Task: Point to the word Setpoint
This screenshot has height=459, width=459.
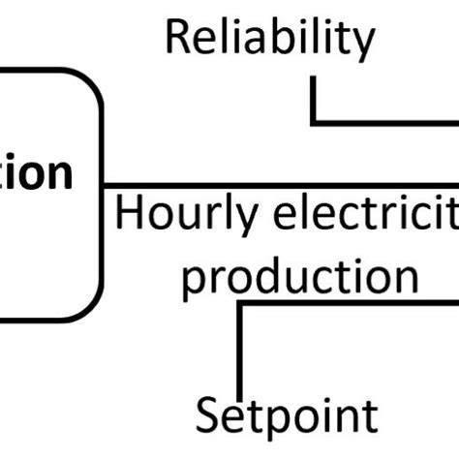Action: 288,416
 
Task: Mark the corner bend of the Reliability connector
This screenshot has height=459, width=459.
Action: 313,122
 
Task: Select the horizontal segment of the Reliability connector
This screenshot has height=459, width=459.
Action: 387,122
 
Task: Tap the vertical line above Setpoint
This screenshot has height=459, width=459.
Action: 239,349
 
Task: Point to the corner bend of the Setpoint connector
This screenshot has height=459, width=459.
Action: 239,303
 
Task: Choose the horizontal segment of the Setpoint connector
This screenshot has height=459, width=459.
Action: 349,303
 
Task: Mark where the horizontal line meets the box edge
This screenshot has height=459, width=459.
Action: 102,184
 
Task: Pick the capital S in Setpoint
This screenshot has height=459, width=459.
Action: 208,416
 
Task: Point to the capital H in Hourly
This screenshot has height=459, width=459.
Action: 129,213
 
